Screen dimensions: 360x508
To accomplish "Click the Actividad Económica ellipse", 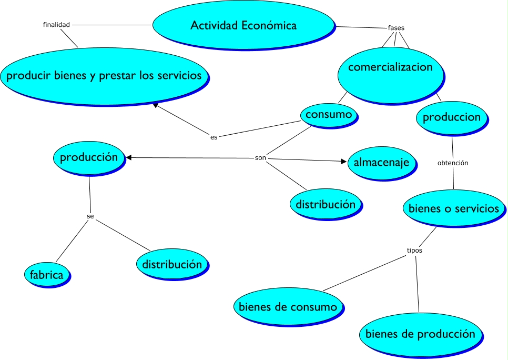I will coord(243,25).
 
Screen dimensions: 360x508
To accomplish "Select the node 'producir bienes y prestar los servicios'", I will coord(104,76).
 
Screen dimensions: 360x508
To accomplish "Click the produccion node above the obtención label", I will coord(452,117).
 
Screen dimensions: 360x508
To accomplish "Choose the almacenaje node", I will coord(381,163).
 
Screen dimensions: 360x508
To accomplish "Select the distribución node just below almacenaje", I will coord(325,204).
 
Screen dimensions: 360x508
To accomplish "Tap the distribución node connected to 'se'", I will coord(171,264).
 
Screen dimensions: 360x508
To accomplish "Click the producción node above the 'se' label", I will coord(88,157).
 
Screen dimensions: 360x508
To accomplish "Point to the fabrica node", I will coord(47,274).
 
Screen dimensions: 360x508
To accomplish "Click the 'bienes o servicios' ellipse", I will coord(453,208).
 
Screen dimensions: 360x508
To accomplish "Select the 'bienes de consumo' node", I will coord(288,306).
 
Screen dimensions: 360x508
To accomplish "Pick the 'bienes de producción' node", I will coord(420,334).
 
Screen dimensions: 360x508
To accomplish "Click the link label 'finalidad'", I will coord(56,24).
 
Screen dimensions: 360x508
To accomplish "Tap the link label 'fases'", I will coord(396,28).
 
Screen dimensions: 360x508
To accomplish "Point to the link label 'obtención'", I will coord(453,163).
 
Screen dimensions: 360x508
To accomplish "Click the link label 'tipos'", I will coord(414,251).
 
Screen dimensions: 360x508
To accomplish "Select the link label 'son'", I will coord(260,158).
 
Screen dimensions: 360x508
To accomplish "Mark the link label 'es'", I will coord(214,137).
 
